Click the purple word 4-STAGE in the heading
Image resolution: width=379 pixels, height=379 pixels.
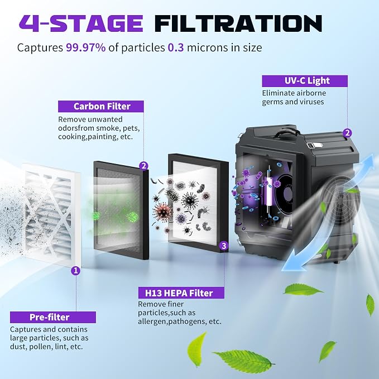(81, 23)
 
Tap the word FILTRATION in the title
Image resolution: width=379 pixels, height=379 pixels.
(238, 23)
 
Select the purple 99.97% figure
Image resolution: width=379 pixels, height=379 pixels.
(86, 47)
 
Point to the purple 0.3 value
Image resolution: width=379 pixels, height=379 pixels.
(176, 47)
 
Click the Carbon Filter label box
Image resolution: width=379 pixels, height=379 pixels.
(101, 107)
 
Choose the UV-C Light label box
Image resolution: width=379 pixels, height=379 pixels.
(305, 81)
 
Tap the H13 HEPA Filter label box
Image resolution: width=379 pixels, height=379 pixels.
(181, 292)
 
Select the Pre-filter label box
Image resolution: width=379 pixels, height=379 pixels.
(53, 317)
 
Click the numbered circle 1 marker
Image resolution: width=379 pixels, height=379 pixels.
(76, 271)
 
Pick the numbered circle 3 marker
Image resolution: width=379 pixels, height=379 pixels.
(224, 246)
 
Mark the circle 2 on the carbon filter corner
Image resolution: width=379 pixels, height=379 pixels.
(144, 166)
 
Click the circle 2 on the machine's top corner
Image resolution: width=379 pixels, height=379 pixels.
(348, 133)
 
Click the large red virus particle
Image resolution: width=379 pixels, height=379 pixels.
(163, 210)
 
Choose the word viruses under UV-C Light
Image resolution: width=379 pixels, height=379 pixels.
(311, 102)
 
